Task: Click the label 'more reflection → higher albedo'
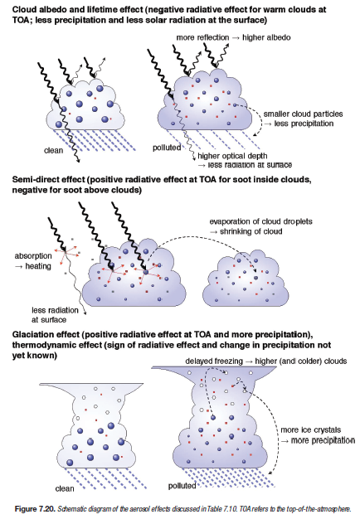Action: tap(233, 37)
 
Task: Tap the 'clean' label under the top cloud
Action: tap(53, 150)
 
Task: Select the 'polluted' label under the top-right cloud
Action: tap(167, 148)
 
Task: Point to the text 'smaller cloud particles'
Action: tap(303, 114)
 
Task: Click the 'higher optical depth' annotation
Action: tap(232, 156)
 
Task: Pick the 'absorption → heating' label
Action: tap(33, 261)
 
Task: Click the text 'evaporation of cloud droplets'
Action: tap(260, 221)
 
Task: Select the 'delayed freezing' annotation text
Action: tap(214, 361)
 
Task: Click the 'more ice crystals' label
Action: tap(311, 429)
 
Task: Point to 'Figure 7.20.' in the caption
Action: tap(35, 509)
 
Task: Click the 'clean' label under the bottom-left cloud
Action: tap(65, 488)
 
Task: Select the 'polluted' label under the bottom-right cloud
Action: tap(182, 486)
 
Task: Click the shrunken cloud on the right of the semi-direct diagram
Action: tap(246, 278)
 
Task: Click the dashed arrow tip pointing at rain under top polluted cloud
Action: tap(255, 135)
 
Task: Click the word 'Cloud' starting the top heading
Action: tap(23, 9)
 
